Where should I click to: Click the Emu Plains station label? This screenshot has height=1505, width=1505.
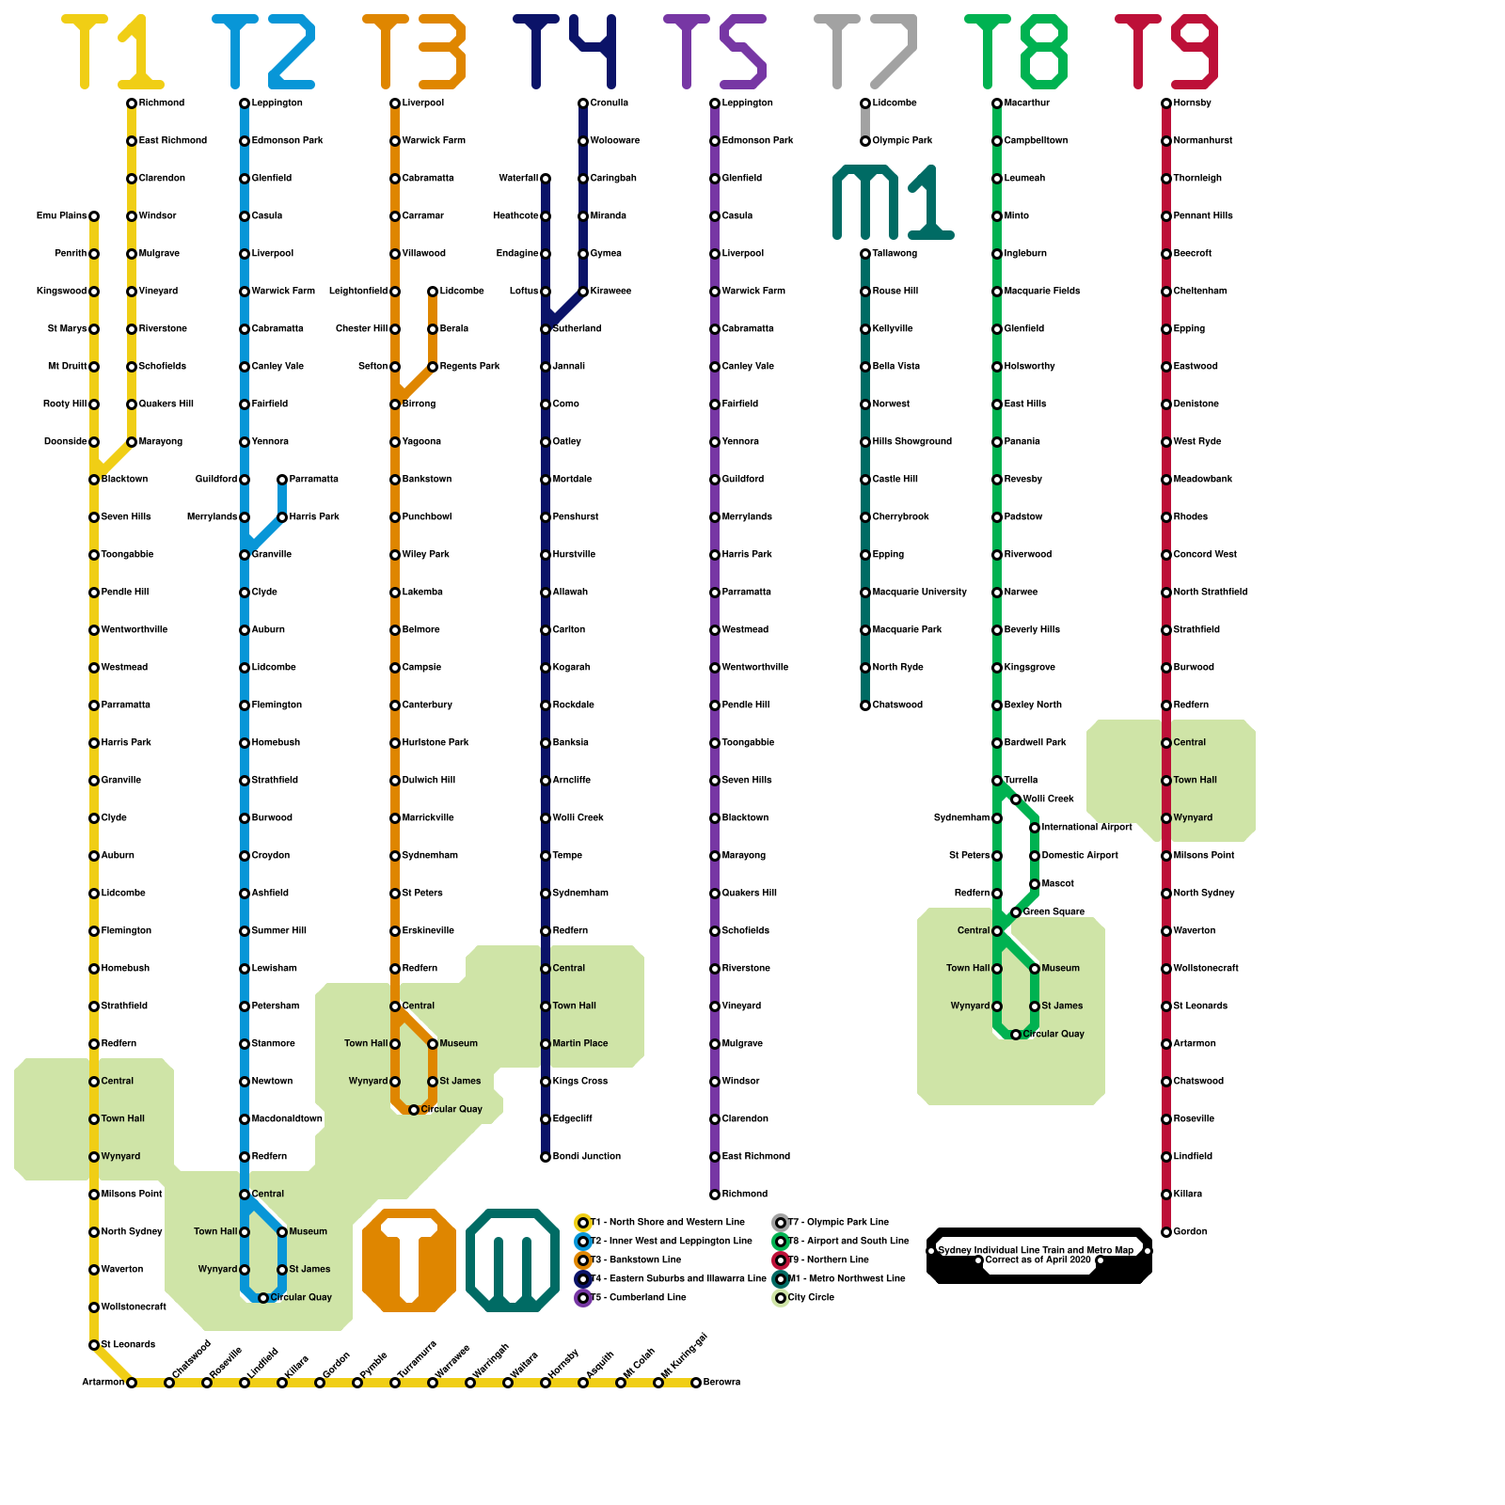(x=61, y=215)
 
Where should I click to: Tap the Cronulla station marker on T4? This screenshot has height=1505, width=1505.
(x=583, y=103)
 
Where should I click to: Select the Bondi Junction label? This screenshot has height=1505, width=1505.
(x=587, y=1156)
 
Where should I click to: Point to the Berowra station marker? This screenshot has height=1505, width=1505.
(x=696, y=1383)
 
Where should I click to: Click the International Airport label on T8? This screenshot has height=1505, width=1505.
(x=1086, y=827)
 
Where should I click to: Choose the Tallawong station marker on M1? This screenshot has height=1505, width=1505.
(x=865, y=254)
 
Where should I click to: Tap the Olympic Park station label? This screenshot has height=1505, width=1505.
(x=902, y=140)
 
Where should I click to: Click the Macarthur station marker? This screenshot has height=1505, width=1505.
(x=997, y=103)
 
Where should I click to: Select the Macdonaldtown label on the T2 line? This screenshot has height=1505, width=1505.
(x=287, y=1118)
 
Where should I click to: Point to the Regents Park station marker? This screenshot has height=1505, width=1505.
(x=433, y=367)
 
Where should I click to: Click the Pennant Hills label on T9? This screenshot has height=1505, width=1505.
(x=1203, y=215)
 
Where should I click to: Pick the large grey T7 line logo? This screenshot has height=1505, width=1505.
(x=865, y=52)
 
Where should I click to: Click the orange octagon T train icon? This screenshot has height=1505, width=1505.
(x=409, y=1260)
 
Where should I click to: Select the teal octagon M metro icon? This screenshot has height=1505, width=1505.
(x=513, y=1260)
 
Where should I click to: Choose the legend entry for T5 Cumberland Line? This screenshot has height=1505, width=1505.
(x=630, y=1298)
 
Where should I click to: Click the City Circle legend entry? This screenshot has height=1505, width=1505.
(x=803, y=1298)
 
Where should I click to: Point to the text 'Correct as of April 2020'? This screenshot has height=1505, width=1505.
(x=1038, y=1259)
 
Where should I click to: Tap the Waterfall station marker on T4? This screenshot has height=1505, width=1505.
(x=546, y=179)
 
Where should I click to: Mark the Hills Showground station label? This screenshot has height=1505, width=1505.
(x=911, y=441)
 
